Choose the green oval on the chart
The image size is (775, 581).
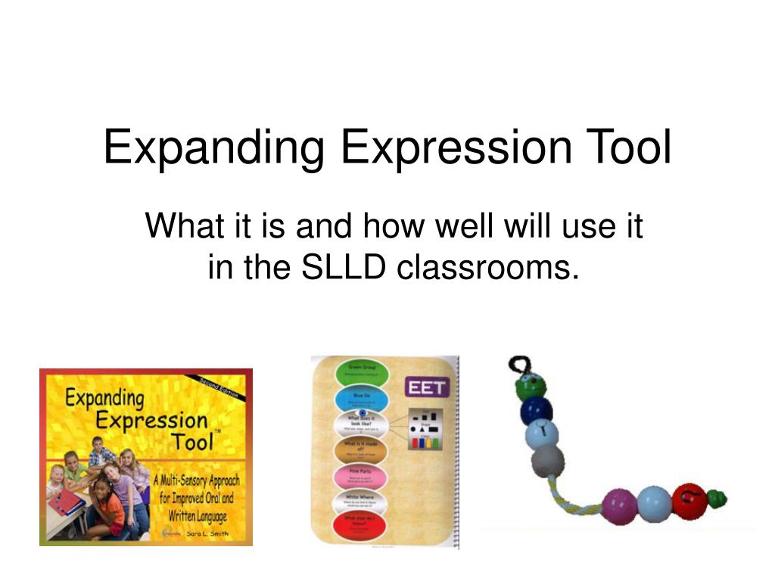360,372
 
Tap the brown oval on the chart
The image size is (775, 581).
360,452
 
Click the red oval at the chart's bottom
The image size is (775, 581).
360,527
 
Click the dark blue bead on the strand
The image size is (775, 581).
537,411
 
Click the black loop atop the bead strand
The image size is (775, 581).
518,365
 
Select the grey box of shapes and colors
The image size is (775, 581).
424,428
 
